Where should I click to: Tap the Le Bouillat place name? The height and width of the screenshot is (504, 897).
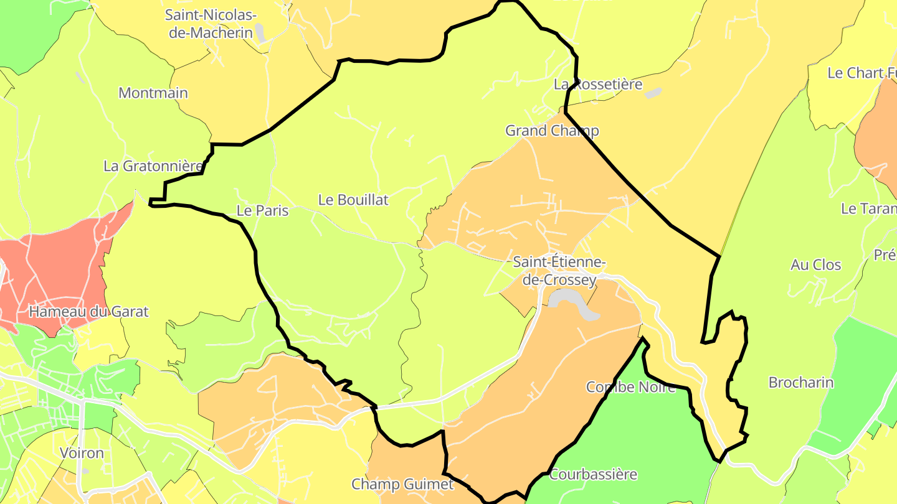353,200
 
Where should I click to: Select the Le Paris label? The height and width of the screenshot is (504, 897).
262,211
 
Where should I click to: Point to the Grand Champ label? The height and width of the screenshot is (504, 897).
552,131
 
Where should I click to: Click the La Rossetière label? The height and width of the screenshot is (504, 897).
598,84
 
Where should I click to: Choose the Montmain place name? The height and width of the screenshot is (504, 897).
153,93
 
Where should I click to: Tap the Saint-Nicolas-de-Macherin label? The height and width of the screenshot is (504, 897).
211,24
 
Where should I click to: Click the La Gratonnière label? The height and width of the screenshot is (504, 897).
153,166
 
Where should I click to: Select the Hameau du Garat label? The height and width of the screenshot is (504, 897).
89,311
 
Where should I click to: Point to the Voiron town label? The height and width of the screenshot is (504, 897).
82,452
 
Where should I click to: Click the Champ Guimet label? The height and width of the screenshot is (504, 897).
402,483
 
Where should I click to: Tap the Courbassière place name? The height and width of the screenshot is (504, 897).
593,474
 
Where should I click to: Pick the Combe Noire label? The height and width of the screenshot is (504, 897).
630,387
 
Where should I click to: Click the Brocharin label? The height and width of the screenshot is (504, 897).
800,383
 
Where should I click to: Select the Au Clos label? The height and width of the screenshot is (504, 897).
815,265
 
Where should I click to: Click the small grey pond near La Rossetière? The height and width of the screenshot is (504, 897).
653,93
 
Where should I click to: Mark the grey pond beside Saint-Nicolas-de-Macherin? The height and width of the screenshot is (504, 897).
261,33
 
